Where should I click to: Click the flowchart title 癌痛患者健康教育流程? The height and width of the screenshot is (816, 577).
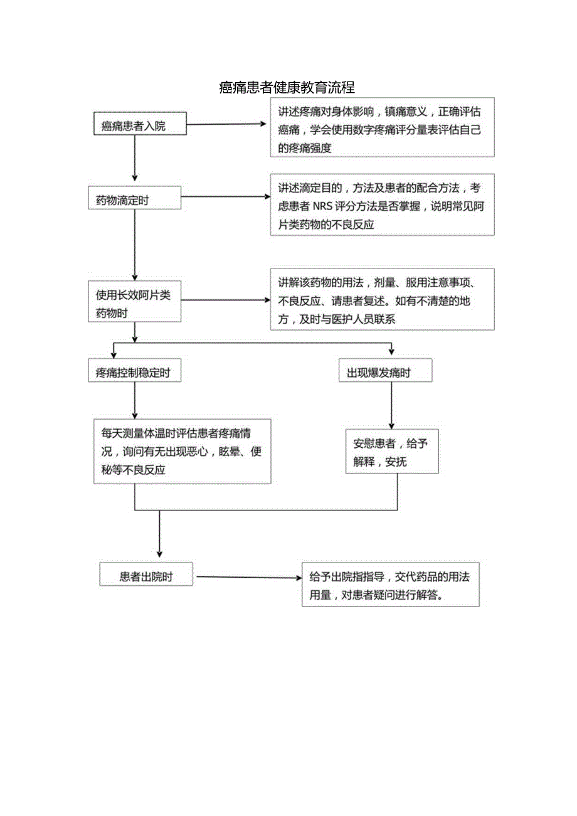288,87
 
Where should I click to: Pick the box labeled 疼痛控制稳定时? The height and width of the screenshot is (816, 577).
135,373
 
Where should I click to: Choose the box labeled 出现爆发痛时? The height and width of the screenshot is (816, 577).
384,373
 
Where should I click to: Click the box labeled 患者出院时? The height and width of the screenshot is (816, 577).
146,576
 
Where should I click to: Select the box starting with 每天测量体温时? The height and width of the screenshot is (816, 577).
182,451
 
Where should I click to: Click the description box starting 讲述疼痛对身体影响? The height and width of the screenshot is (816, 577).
382,127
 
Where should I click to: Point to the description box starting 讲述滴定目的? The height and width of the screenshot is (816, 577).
382,205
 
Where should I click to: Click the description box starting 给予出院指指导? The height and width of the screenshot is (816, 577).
390,585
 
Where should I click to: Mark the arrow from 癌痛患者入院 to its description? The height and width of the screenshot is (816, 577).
226,124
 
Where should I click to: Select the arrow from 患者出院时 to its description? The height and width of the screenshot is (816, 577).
247,577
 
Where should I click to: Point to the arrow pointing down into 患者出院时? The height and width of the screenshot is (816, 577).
159,533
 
